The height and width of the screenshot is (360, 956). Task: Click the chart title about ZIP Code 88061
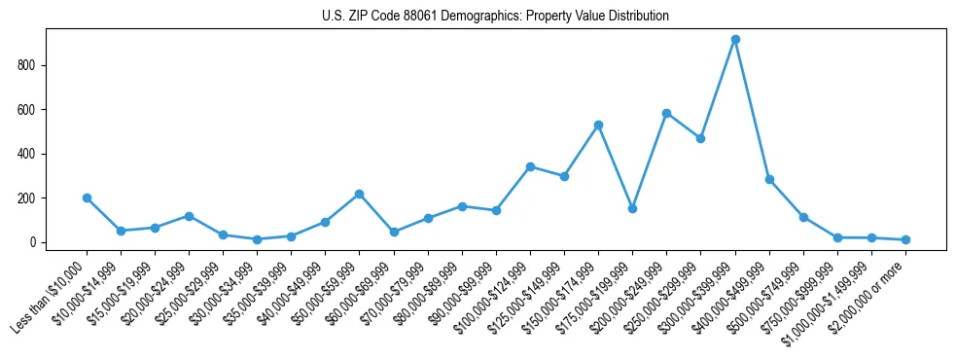click(x=495, y=17)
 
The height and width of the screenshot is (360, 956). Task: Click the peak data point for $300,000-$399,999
click(x=735, y=40)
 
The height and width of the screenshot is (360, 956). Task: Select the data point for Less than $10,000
click(x=87, y=198)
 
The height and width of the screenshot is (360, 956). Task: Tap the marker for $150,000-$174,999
click(x=598, y=125)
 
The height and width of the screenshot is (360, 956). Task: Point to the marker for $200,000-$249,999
click(x=666, y=113)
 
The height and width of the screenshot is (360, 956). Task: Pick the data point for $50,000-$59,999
click(x=360, y=194)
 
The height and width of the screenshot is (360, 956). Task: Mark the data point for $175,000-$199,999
click(x=632, y=208)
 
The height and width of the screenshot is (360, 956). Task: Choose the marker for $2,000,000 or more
click(x=905, y=239)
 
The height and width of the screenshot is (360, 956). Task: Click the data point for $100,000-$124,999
click(x=530, y=166)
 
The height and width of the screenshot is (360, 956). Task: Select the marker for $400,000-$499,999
click(x=769, y=179)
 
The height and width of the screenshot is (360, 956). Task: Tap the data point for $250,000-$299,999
click(x=700, y=138)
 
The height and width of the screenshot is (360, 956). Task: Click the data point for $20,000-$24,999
click(x=189, y=216)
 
